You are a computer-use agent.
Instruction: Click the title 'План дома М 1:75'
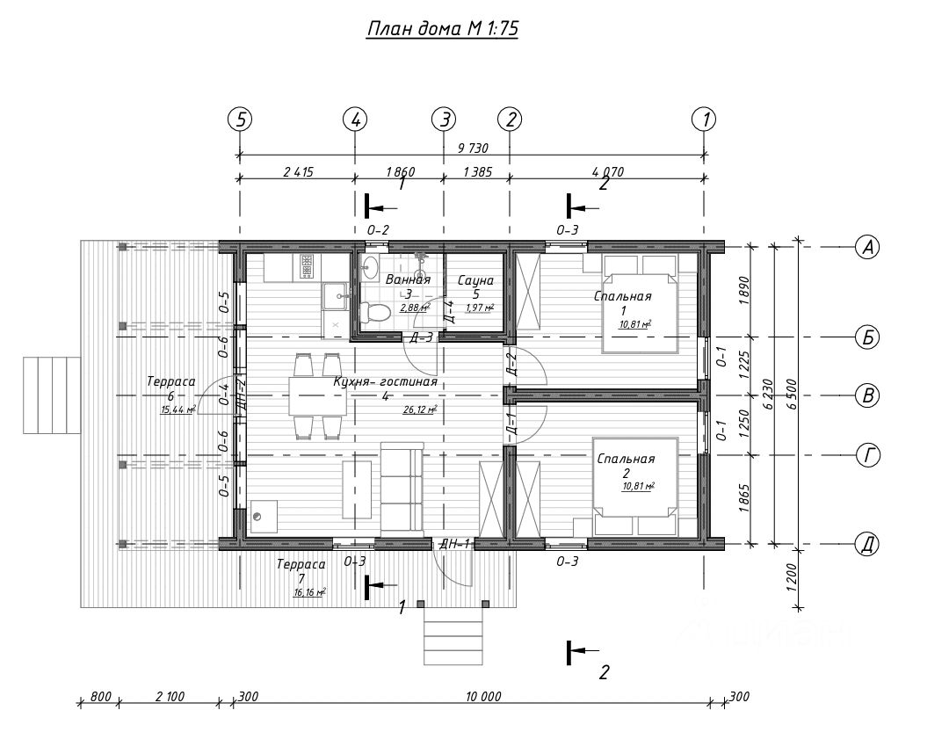pos(442,29)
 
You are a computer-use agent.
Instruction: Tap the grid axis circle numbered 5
pos(240,119)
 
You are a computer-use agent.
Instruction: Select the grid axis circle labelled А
pos(868,248)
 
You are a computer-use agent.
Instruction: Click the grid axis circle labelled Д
pos(868,545)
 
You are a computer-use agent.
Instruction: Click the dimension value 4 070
pos(606,172)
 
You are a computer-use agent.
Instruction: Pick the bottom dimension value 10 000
pos(483,696)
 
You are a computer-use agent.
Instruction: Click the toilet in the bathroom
pos(376,311)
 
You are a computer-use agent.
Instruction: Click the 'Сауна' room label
pos(476,280)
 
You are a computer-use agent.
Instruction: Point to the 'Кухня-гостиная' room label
pos(385,382)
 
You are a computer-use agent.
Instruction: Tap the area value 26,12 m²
pos(419,409)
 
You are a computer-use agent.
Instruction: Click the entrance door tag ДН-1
pos(454,545)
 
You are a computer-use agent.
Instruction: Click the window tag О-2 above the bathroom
pos(378,230)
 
